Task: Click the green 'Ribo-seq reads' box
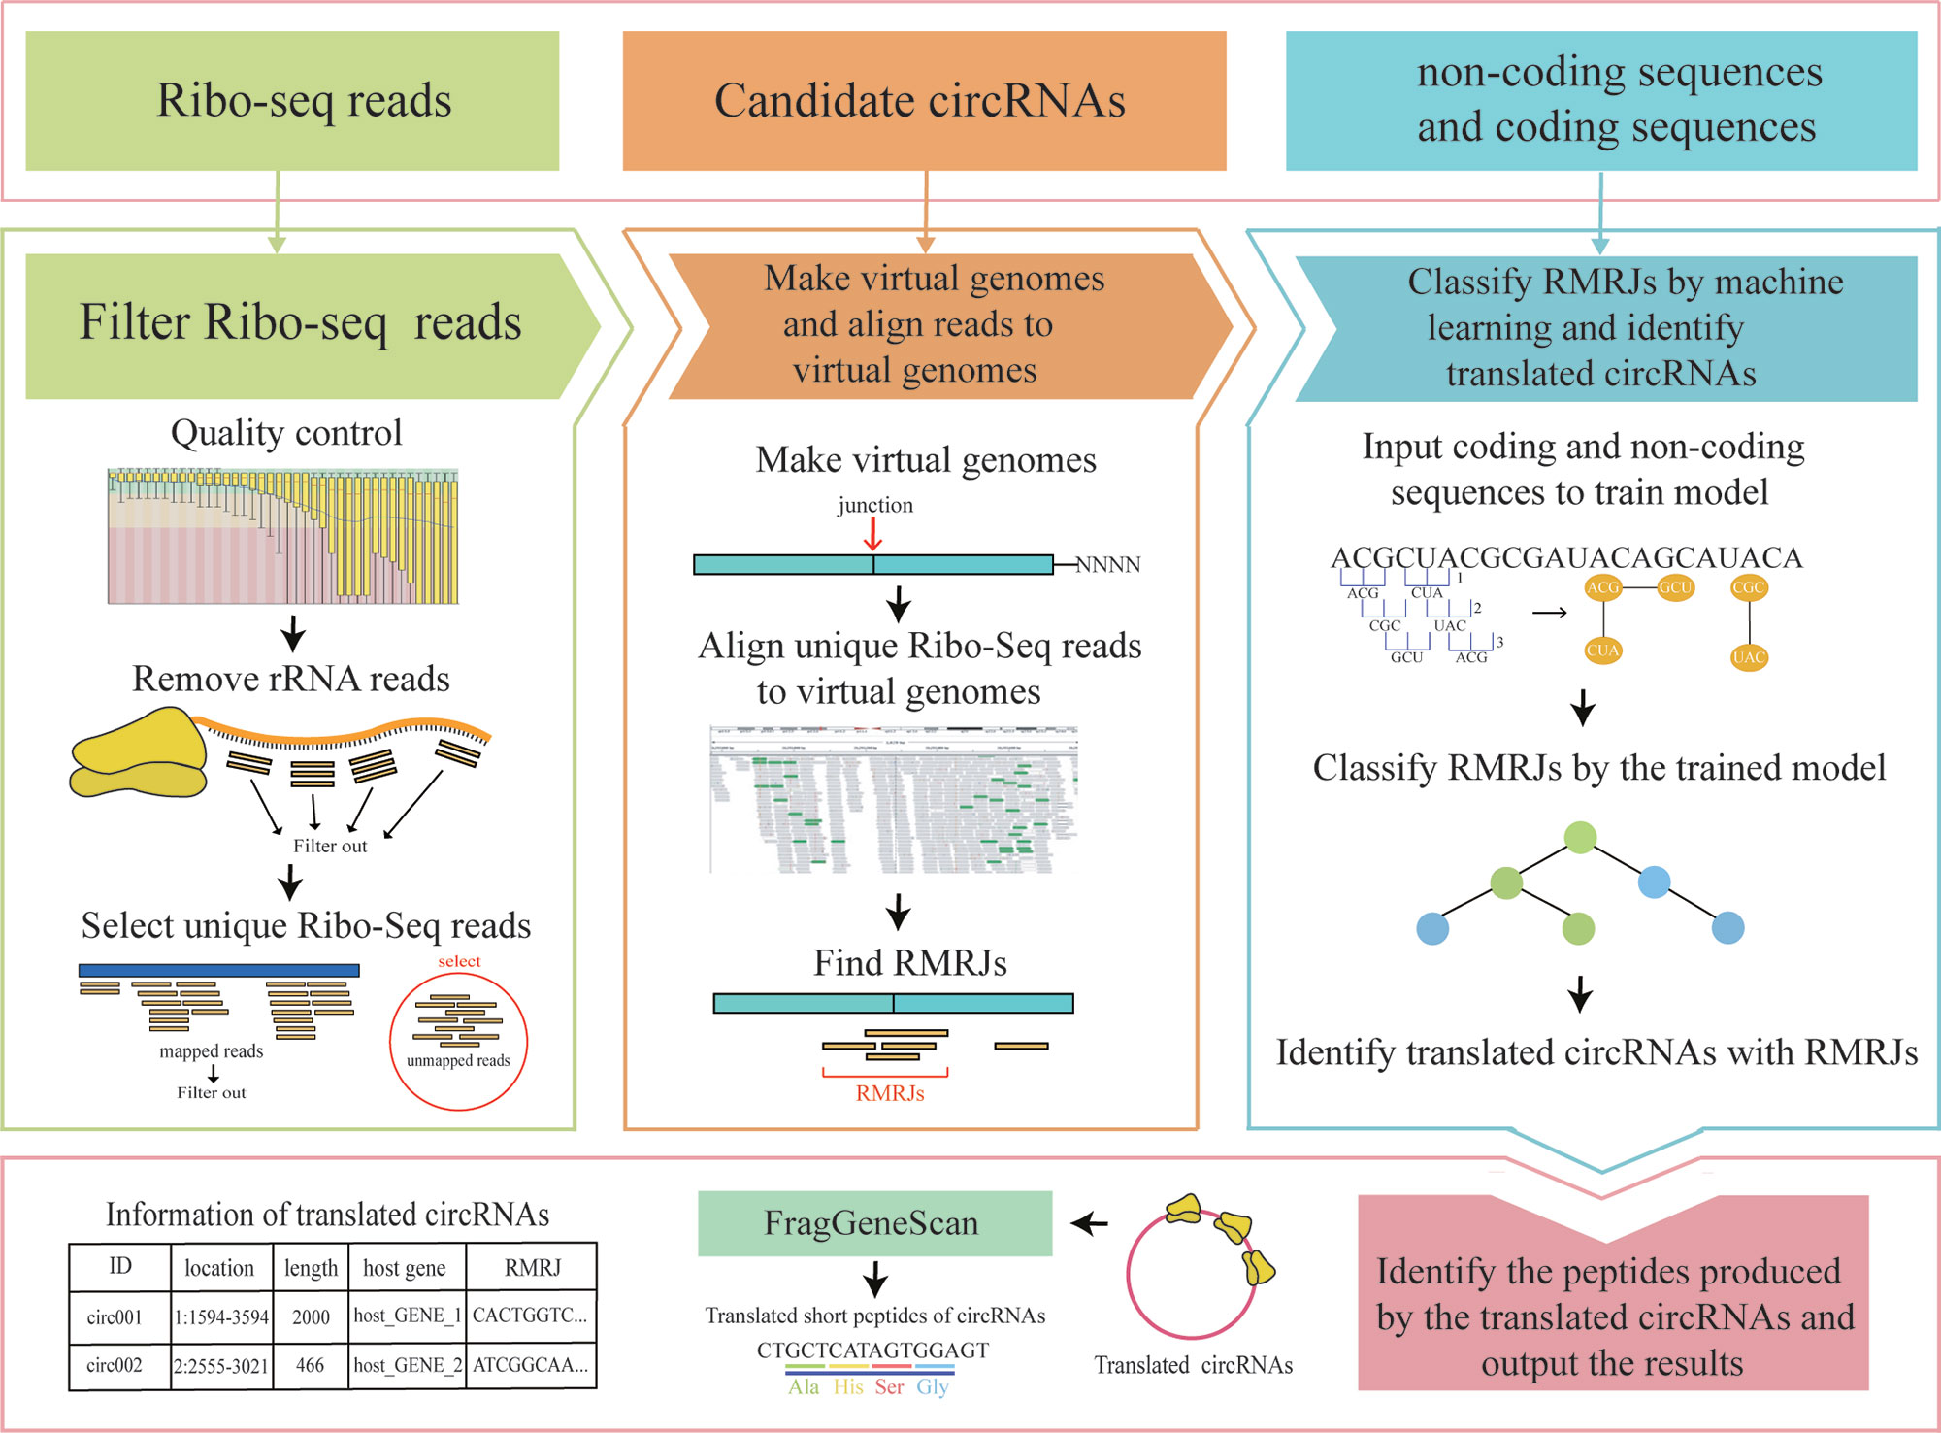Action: (292, 101)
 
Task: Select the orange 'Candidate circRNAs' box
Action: (924, 101)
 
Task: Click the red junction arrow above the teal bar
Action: (872, 533)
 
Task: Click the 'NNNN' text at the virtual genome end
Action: (1108, 565)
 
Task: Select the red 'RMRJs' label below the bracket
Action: (889, 1093)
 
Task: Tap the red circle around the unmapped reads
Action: (458, 1041)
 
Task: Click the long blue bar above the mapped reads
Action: (218, 970)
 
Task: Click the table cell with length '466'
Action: (311, 1365)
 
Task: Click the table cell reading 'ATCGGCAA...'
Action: (531, 1365)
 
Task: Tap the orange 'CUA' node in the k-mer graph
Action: (1602, 650)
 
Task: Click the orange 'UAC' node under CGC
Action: (1748, 657)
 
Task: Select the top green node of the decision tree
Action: (1580, 837)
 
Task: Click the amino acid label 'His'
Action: (848, 1387)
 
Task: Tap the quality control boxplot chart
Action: (282, 537)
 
